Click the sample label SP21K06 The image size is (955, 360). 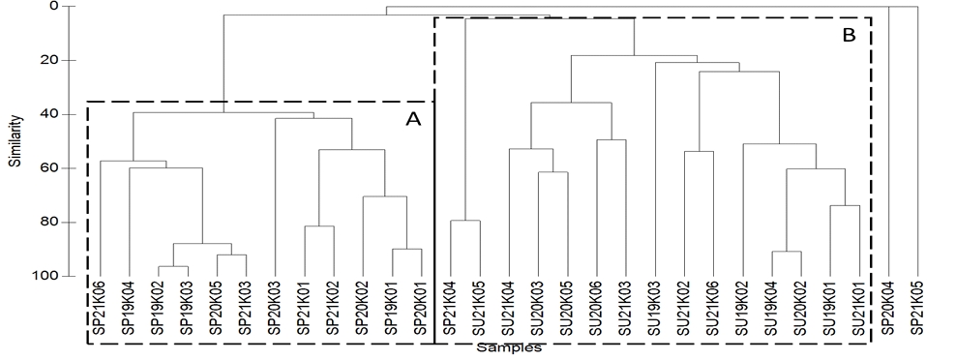(x=101, y=312)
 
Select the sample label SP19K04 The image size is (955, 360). (x=130, y=312)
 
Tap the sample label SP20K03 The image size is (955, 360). (x=276, y=312)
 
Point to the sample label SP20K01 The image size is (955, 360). (x=422, y=312)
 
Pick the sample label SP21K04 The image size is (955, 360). (x=450, y=312)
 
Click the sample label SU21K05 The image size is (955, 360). (x=480, y=312)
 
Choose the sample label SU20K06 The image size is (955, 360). (x=597, y=312)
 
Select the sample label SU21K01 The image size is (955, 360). (x=859, y=312)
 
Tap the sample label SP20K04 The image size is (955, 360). (x=889, y=312)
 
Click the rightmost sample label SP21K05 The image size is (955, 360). (x=918, y=312)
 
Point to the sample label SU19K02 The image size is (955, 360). (x=742, y=312)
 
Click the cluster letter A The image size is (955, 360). (x=413, y=119)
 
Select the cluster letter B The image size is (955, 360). (x=849, y=36)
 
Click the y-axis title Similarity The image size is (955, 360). (x=16, y=143)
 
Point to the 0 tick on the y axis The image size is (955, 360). (x=53, y=7)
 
